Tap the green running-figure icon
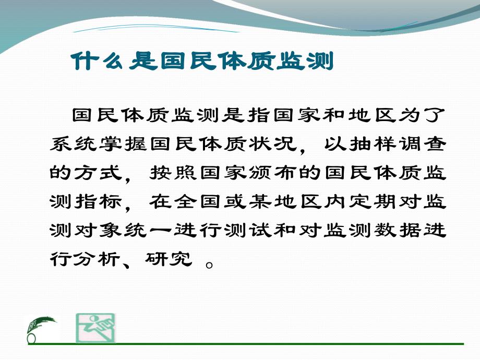pyautogui.click(x=96, y=328)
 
